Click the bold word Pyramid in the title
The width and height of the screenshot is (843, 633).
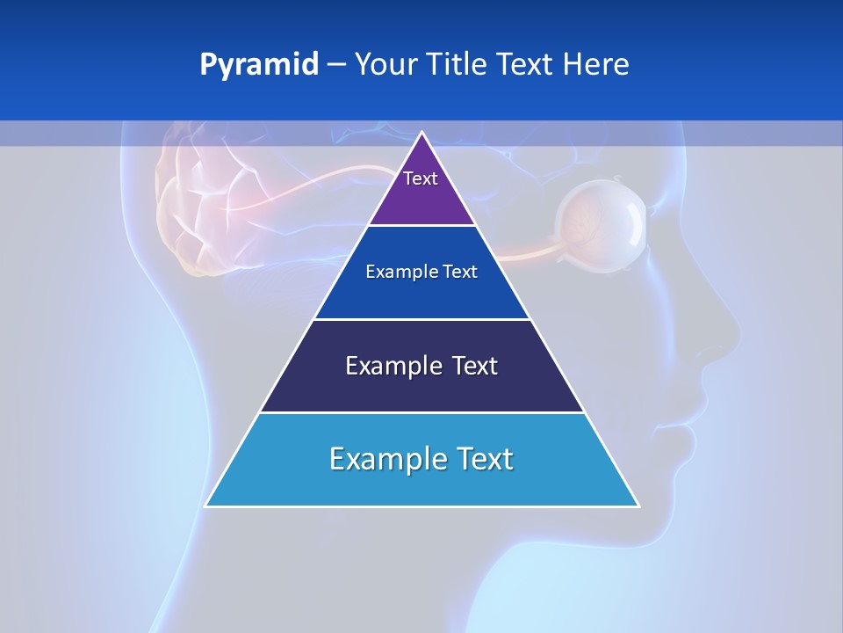pyautogui.click(x=259, y=65)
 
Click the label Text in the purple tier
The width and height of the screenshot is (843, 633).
pyautogui.click(x=421, y=178)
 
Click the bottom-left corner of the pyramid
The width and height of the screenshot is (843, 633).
pyautogui.click(x=205, y=506)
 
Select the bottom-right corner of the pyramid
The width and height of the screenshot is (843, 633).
pyautogui.click(x=638, y=506)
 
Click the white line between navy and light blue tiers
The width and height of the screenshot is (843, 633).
pyautogui.click(x=421, y=412)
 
